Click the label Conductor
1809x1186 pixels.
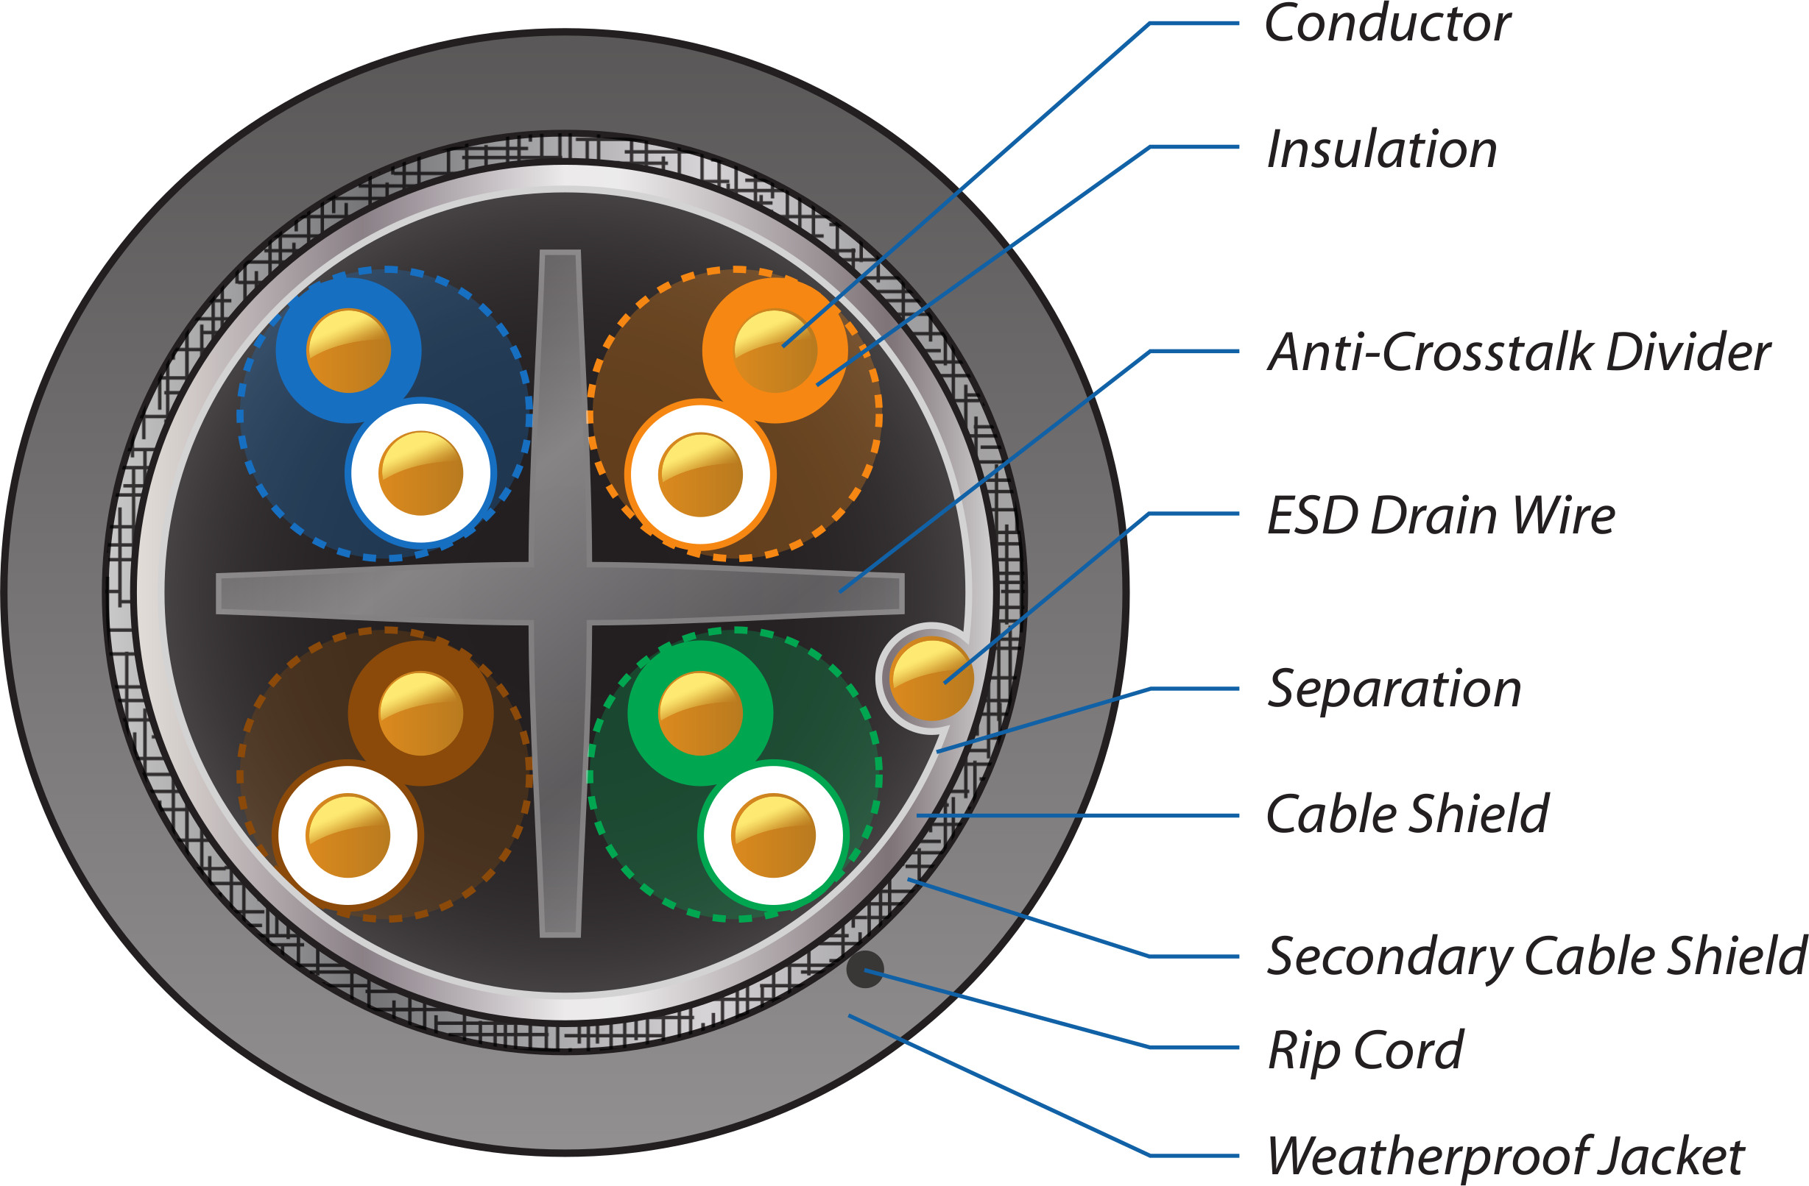(1387, 24)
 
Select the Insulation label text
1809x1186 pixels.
(1382, 149)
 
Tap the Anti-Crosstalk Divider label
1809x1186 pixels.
(1519, 352)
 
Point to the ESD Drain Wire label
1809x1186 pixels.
(1440, 516)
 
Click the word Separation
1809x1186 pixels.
(1394, 690)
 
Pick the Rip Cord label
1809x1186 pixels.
(1365, 1051)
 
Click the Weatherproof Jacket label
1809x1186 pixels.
(1505, 1157)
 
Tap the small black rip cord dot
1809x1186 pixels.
(865, 970)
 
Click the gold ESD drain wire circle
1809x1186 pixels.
(931, 678)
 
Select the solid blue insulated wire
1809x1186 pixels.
(348, 350)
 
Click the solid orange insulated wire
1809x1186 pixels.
(775, 350)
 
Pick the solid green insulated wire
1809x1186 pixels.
(700, 713)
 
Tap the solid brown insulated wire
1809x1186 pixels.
(420, 713)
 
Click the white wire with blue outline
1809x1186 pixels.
(421, 472)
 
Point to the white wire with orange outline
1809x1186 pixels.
(700, 474)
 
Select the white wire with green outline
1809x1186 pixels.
(773, 835)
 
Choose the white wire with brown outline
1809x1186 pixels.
(348, 835)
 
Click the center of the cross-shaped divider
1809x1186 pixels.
(560, 594)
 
